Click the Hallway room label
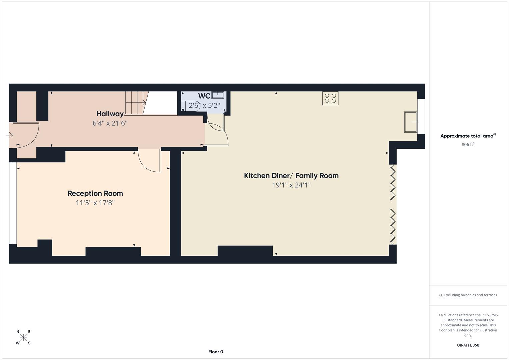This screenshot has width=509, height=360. click(110, 114)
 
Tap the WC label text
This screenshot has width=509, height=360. click(204, 96)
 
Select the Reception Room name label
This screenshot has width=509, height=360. click(95, 193)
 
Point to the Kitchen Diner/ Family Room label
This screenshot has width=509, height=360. click(291, 176)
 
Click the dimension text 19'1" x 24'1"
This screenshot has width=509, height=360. click(291, 185)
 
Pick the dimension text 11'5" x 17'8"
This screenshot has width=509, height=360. click(95, 203)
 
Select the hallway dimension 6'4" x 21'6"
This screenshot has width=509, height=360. click(110, 123)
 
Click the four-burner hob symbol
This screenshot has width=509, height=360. click(330, 98)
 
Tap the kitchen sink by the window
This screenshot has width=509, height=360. click(411, 122)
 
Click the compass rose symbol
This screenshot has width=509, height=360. click(23, 337)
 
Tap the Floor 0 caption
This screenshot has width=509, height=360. click(216, 352)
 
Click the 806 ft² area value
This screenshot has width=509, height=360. click(468, 145)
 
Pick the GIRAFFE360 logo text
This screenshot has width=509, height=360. click(468, 345)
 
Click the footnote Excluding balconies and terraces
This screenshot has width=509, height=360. click(468, 295)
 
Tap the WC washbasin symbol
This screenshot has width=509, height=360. click(217, 95)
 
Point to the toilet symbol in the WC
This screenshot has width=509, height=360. click(186, 106)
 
